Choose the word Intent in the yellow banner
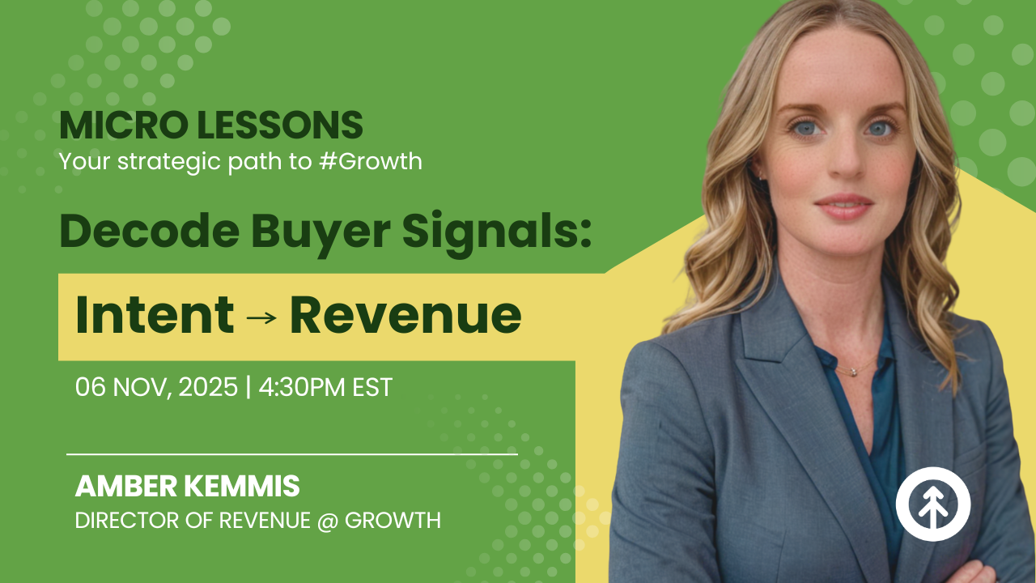point(155,315)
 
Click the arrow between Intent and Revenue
point(261,317)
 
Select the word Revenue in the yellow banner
point(405,315)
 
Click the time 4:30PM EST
point(325,387)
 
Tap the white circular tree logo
point(933,503)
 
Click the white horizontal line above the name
point(291,454)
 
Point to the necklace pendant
point(851,372)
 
